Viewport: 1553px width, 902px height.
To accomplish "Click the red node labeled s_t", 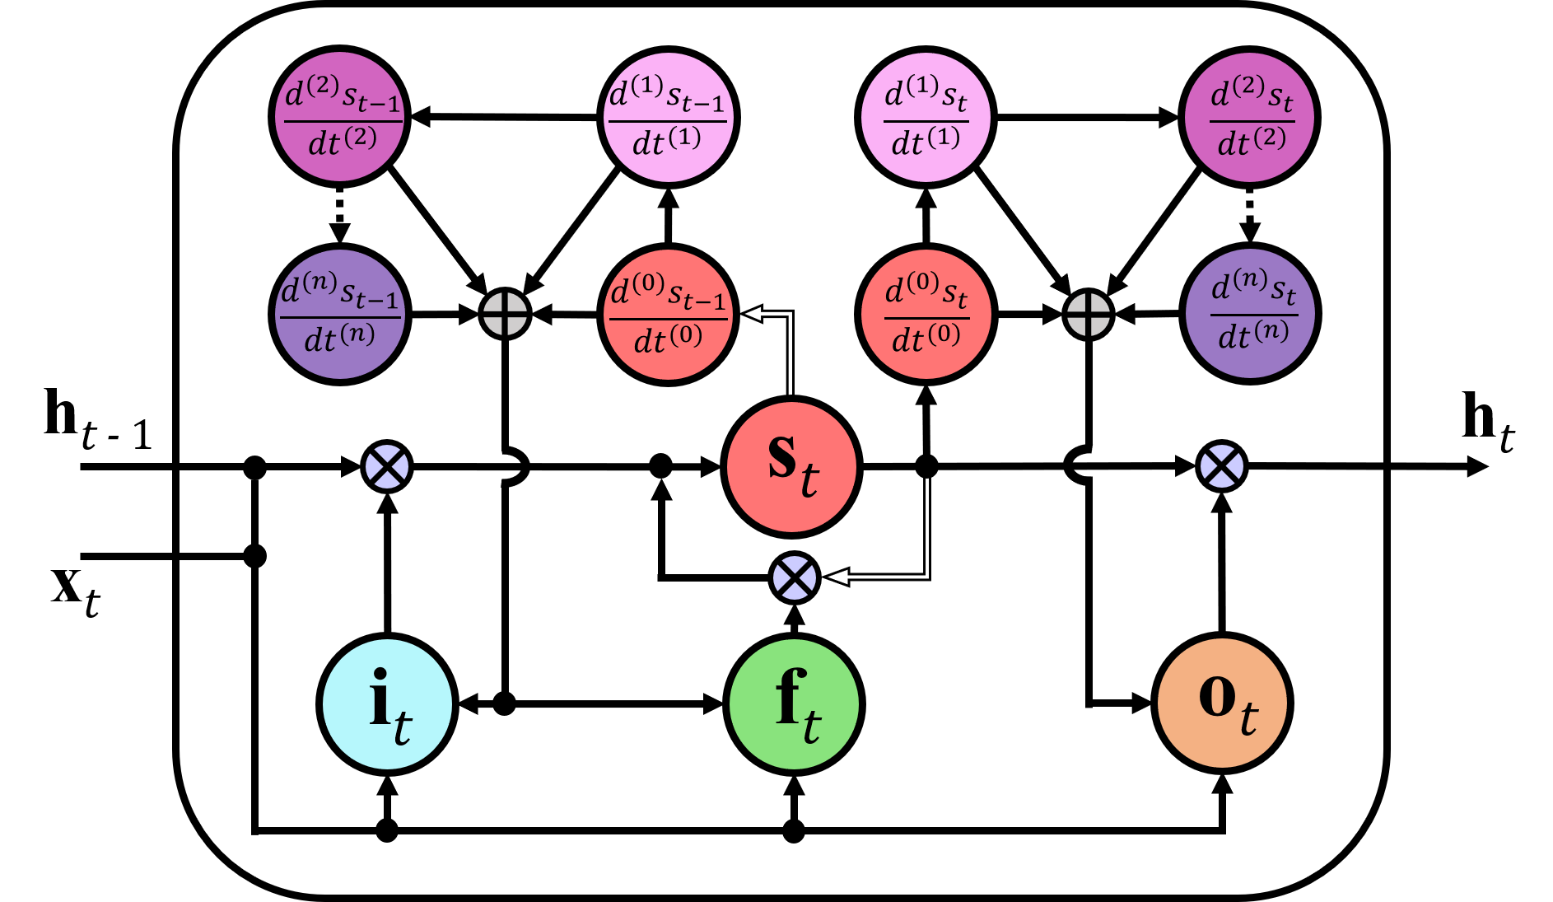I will pyautogui.click(x=791, y=467).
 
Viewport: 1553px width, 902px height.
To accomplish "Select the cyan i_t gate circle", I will pyautogui.click(x=387, y=704).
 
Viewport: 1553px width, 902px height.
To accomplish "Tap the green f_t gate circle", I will pyautogui.click(x=794, y=704).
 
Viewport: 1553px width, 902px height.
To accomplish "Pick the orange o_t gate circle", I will pyautogui.click(x=1222, y=703).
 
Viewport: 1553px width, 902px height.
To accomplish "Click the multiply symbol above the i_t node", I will pyautogui.click(x=387, y=467).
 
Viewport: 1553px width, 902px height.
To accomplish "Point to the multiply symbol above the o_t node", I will pyautogui.click(x=1222, y=467).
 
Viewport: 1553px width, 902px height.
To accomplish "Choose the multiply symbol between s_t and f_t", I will pyautogui.click(x=795, y=577).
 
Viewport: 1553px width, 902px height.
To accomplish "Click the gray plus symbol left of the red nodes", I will pyautogui.click(x=505, y=314).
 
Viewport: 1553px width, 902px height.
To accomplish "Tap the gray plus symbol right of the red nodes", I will pyautogui.click(x=1089, y=315).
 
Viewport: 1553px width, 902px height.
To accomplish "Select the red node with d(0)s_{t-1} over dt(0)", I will pyautogui.click(x=668, y=315).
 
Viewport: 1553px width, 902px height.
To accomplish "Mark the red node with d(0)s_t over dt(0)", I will pyautogui.click(x=926, y=315).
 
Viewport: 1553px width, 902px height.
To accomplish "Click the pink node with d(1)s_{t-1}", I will pyautogui.click(x=668, y=117).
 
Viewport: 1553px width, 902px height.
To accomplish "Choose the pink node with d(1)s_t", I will pyautogui.click(x=926, y=117).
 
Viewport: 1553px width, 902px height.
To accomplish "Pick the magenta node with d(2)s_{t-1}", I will pyautogui.click(x=339, y=117).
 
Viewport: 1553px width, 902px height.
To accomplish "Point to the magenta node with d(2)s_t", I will pyautogui.click(x=1249, y=117).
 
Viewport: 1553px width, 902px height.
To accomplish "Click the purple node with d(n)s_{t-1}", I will pyautogui.click(x=339, y=314).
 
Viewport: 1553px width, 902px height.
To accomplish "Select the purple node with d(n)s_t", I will pyautogui.click(x=1250, y=314).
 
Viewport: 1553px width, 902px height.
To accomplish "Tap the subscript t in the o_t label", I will pyautogui.click(x=1249, y=718).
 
